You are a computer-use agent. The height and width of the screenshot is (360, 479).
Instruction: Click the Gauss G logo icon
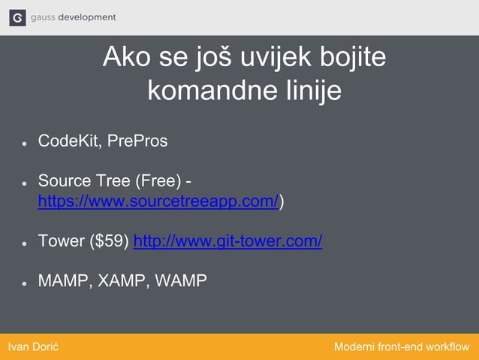pos(17,17)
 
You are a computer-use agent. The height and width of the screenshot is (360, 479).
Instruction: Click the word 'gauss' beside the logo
pos(43,17)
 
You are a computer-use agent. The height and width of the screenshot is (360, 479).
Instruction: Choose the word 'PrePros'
pos(137,141)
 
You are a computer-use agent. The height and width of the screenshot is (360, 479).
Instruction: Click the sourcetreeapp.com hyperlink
pos(158,201)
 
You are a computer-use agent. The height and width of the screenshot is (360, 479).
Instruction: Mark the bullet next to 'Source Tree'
pos(25,183)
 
